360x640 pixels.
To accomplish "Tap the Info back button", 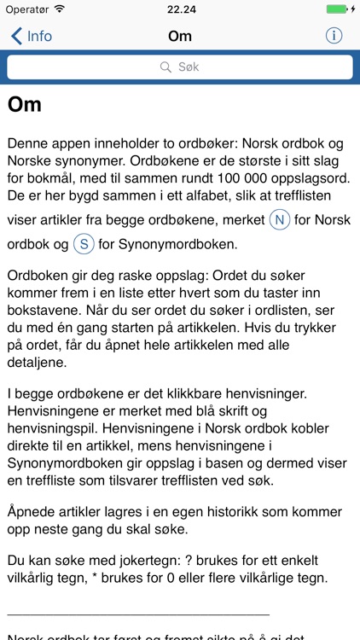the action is click(31, 36).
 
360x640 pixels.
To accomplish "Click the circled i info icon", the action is click(334, 36).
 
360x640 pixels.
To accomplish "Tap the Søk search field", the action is click(180, 67).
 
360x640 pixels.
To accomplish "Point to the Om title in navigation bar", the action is click(180, 36).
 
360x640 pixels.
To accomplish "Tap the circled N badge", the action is click(279, 220).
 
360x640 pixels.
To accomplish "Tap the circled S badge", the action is click(83, 245).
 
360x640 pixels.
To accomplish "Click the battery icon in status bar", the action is click(337, 9).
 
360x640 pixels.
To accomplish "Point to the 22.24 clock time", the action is click(180, 9).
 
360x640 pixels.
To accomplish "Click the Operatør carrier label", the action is click(26, 9).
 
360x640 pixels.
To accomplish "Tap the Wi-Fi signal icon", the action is click(59, 9).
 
